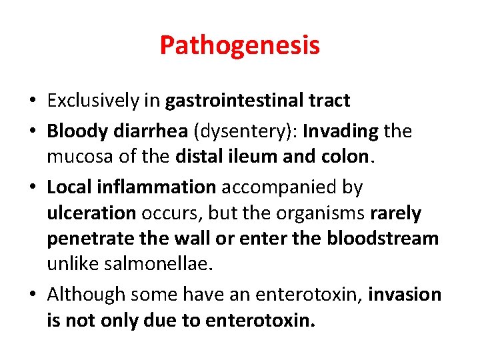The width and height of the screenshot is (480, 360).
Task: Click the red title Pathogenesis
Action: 240,45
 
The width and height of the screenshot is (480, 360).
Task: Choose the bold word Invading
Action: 341,131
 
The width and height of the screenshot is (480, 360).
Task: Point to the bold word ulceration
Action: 91,213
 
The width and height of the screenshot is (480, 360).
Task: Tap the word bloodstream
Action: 383,239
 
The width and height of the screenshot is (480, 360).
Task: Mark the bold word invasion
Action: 405,295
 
